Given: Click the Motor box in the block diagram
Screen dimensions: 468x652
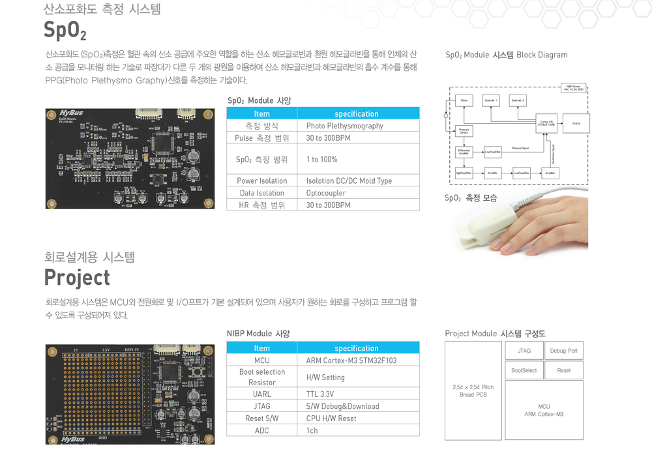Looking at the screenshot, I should point(464,101).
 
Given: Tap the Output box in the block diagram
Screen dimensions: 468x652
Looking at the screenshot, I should point(576,123).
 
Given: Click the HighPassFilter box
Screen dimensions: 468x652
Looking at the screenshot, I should point(464,173).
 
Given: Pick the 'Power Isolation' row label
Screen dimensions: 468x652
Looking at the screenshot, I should point(261,181).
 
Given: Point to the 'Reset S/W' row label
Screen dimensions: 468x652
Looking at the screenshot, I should point(261,418).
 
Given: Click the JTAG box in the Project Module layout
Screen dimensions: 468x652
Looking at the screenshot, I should point(524,351).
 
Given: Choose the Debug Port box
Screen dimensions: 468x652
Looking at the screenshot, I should point(563,351).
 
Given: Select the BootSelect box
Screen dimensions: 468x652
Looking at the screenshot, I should point(524,370).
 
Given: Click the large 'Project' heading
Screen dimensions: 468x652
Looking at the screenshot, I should point(77,278).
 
